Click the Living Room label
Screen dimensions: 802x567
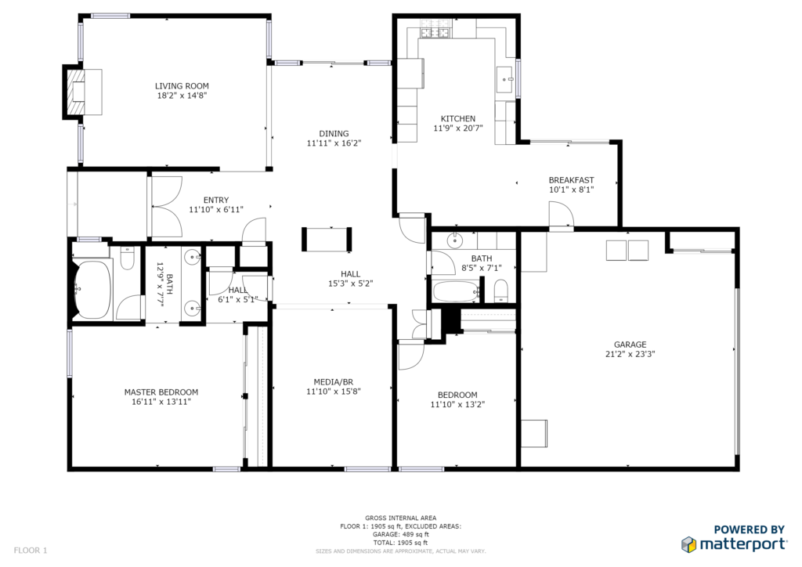[x=182, y=86]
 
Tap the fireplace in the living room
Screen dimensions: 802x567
[x=81, y=92]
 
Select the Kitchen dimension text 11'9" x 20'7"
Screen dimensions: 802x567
[x=457, y=128]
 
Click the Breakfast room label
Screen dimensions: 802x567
[x=571, y=180]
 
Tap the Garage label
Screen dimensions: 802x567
[x=630, y=345]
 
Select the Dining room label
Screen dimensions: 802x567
[x=334, y=133]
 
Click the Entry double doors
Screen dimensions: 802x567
[x=168, y=207]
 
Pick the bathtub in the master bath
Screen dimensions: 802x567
[x=92, y=290]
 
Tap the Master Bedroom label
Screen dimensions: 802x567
[x=161, y=392]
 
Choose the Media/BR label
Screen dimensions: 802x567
[x=334, y=382]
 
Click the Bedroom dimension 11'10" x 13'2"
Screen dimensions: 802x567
[x=457, y=404]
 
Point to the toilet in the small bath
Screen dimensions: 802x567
[x=500, y=291]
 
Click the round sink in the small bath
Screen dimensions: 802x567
[x=453, y=240]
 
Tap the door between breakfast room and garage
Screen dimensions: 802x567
[x=561, y=215]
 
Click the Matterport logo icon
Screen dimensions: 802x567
[x=689, y=544]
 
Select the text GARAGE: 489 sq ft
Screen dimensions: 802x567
[x=400, y=534]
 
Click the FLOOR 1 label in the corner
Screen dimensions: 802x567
[x=31, y=551]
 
